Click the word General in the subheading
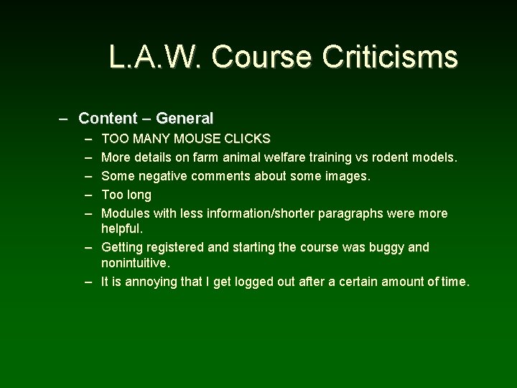click(185, 118)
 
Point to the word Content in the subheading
click(107, 118)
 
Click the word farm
click(210, 157)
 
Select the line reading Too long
click(126, 195)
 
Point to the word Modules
click(125, 213)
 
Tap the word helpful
click(123, 228)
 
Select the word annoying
click(152, 282)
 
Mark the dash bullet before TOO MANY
click(88, 137)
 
